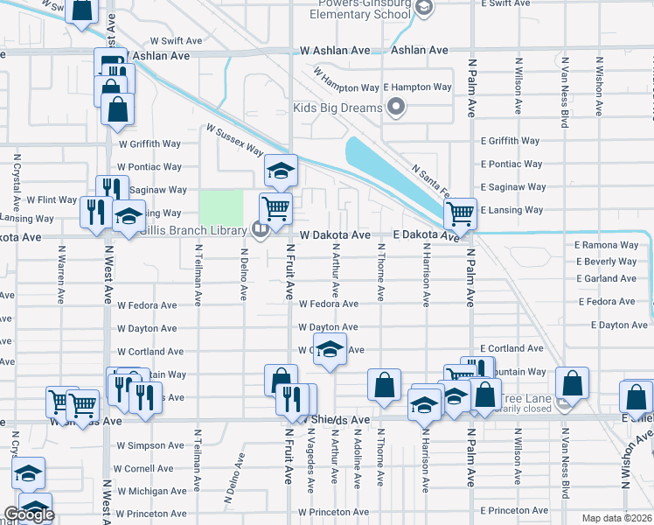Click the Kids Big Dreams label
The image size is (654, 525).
point(337,108)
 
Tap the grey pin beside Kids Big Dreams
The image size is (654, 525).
point(396,108)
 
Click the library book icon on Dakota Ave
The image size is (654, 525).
point(260,230)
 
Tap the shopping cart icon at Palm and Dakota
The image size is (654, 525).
point(459,213)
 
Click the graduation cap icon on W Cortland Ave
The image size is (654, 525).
point(330,348)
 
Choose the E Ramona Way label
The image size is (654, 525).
point(606,246)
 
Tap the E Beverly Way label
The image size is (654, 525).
point(606,262)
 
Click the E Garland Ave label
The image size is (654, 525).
point(606,278)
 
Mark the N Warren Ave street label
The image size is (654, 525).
point(61,274)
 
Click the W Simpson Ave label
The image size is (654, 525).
point(150,445)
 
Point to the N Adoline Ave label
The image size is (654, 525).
point(357,463)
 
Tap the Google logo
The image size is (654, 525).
point(30,514)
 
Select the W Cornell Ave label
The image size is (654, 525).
point(150,468)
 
